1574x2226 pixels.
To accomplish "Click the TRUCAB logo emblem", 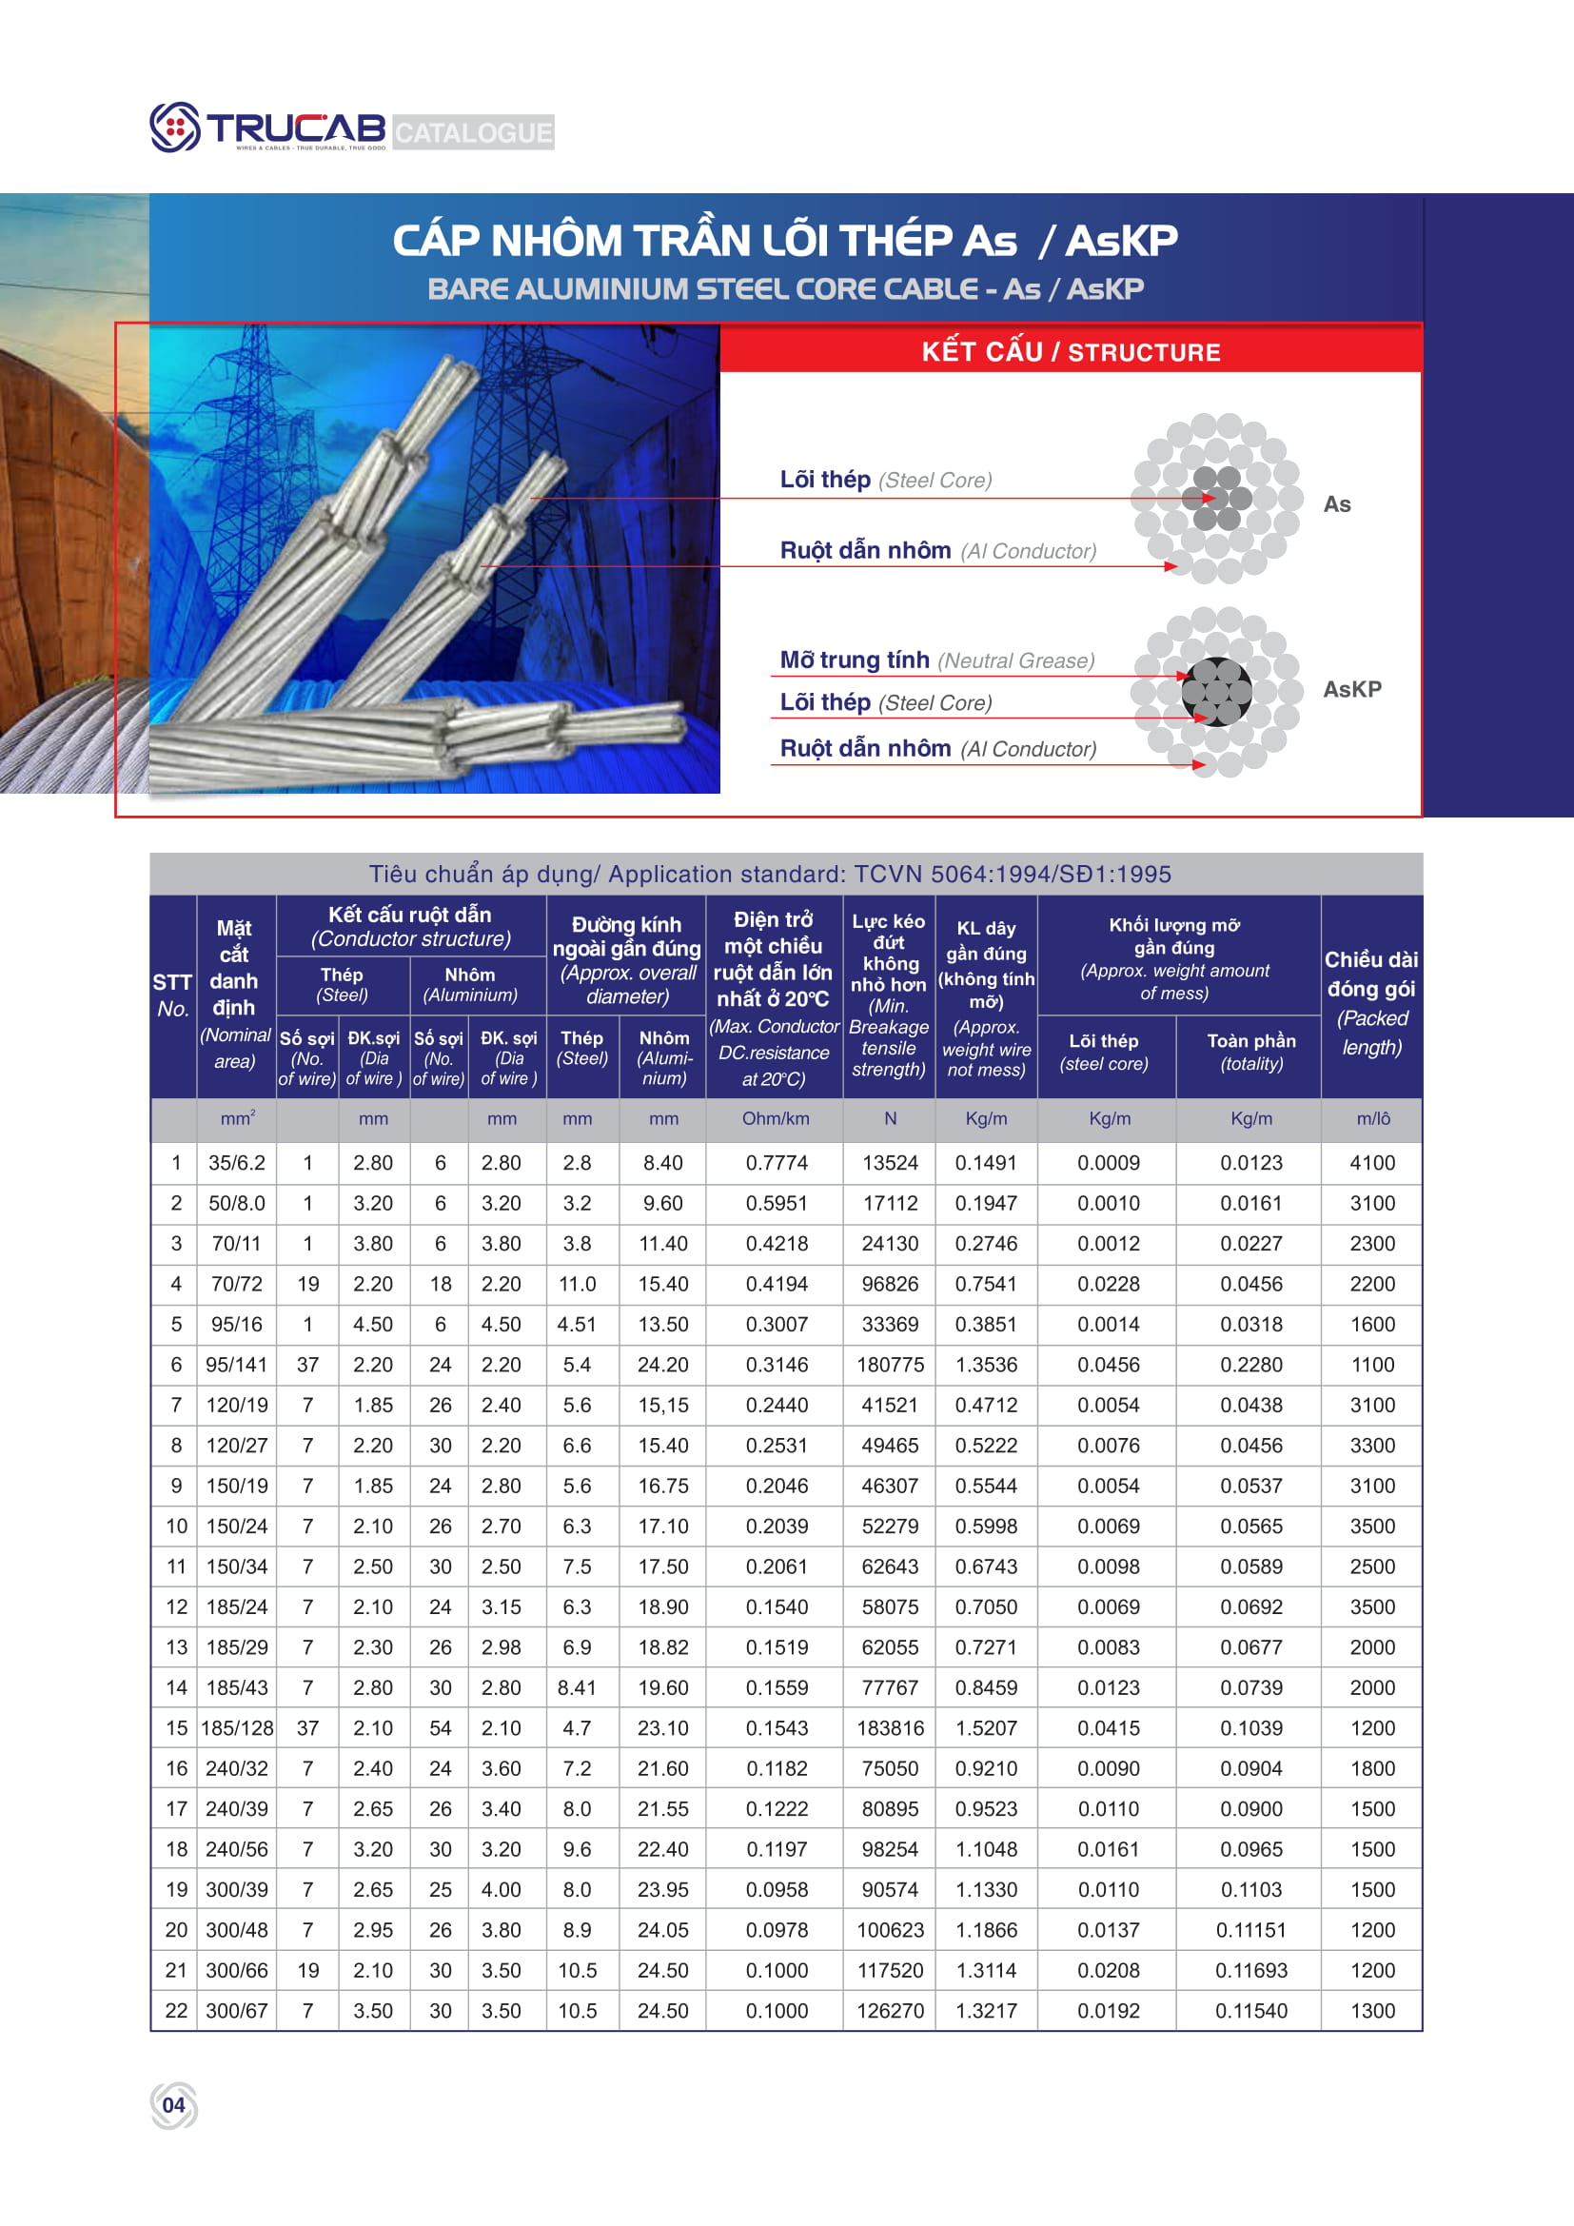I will coord(174,127).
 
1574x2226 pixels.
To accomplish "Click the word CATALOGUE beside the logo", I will coord(473,132).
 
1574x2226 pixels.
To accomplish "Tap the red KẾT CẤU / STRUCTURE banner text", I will coord(1070,352).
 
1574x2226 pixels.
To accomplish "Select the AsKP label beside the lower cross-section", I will coord(1352,689).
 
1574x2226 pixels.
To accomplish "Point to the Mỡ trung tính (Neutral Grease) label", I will coord(936,660).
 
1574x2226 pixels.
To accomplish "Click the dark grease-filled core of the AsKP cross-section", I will coord(1216,691).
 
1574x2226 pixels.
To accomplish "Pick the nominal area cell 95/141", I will coord(237,1365).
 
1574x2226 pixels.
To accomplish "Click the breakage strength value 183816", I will coord(890,1727).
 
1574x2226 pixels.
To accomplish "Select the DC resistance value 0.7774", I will coord(776,1162).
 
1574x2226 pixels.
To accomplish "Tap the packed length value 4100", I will coord(1371,1162).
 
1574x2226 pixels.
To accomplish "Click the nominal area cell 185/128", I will coord(237,1727).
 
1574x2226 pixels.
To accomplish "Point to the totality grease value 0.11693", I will coord(1250,1970).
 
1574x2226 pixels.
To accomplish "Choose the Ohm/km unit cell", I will coord(776,1119).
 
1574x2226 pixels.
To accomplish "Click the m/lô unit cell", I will coord(1372,1119).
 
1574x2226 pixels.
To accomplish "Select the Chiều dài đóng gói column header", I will coord(1371,1002).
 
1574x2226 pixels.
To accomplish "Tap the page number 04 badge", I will coord(173,2105).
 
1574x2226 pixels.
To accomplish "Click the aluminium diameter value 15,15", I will coord(663,1405).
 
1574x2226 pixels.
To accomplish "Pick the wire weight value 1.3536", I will coord(986,1365).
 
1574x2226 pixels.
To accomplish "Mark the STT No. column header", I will coord(172,995).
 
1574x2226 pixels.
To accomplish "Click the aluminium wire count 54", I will coord(440,1727).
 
